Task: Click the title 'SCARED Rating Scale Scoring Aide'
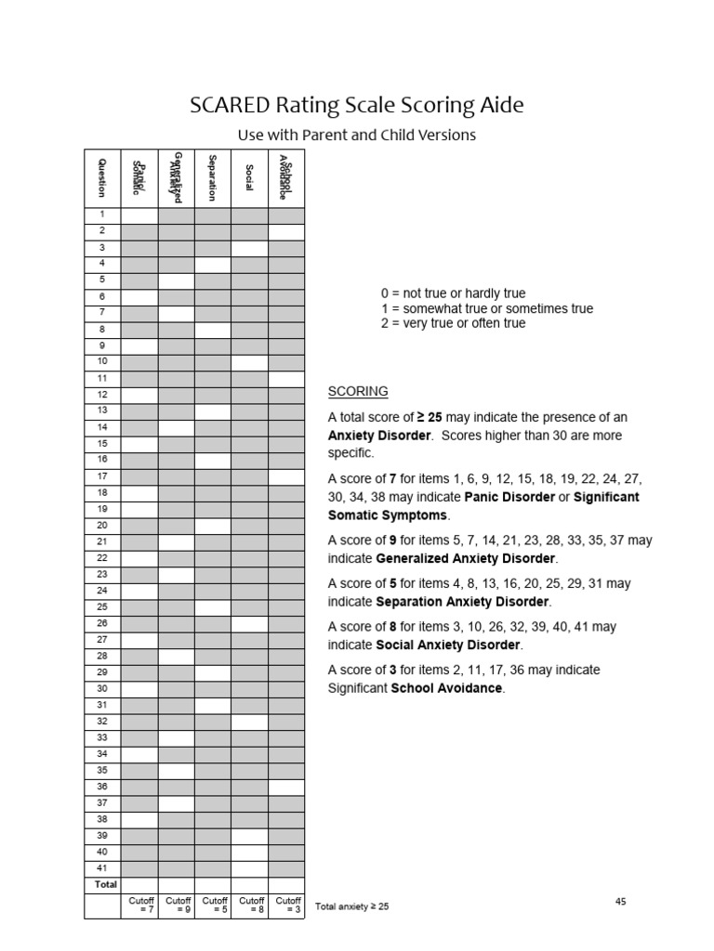(x=357, y=105)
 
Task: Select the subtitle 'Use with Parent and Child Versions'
(x=357, y=135)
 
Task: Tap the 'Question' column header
(x=102, y=176)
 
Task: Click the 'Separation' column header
(x=213, y=176)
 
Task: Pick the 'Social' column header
(x=249, y=176)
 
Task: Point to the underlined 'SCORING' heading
(x=358, y=391)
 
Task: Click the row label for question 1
(x=102, y=215)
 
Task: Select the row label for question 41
(x=102, y=867)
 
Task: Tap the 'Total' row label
(x=105, y=884)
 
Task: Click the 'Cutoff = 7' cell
(x=139, y=905)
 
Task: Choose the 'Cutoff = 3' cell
(x=287, y=905)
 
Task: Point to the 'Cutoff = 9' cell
(x=177, y=905)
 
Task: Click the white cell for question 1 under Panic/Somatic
(x=139, y=215)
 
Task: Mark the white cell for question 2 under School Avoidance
(x=286, y=231)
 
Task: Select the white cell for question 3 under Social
(x=249, y=248)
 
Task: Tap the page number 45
(x=621, y=901)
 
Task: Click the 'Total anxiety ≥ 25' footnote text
(x=352, y=906)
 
